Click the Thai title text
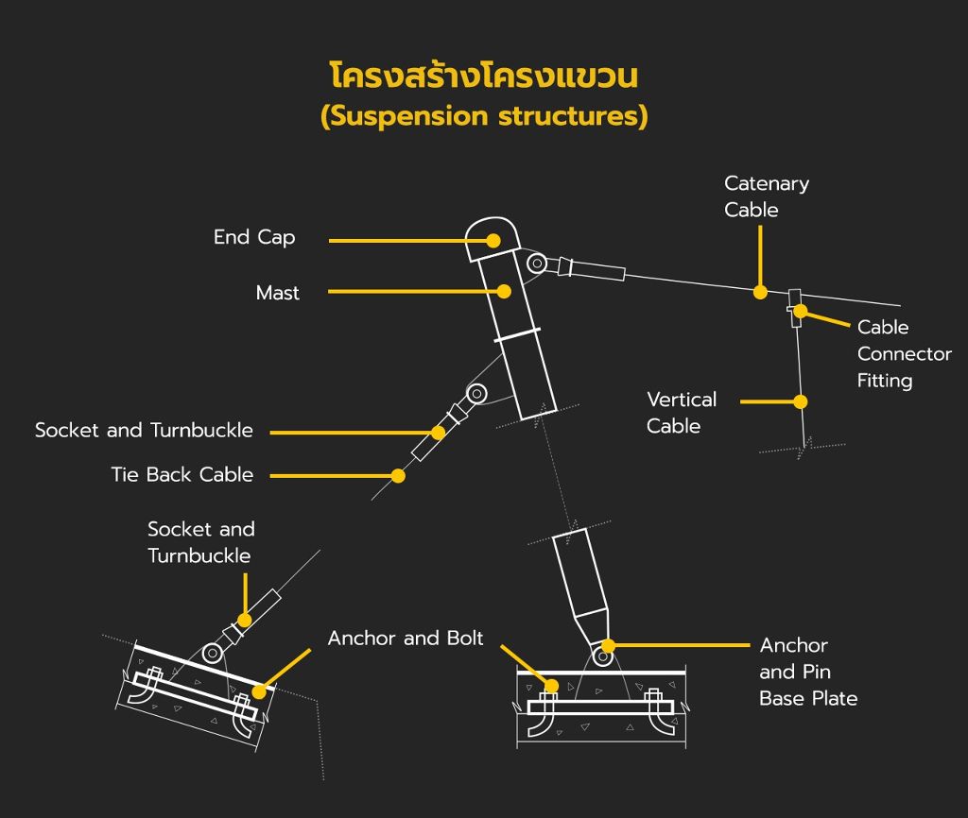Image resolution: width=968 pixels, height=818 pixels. [x=484, y=76]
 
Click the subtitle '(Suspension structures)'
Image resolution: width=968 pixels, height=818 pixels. [x=484, y=116]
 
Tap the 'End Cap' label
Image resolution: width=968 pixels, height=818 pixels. [x=254, y=237]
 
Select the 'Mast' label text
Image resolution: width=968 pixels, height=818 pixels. [x=278, y=293]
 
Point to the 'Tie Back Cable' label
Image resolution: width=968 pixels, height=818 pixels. [x=182, y=474]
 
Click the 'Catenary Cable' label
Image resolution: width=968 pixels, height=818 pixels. [x=766, y=196]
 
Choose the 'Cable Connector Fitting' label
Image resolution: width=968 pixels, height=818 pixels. [x=904, y=353]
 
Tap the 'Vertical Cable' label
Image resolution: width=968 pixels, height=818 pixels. [x=682, y=412]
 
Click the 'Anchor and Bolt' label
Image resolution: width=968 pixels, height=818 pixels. [x=406, y=638]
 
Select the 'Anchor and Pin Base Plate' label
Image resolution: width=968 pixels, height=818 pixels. [x=808, y=672]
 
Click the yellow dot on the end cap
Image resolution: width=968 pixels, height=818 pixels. [x=493, y=241]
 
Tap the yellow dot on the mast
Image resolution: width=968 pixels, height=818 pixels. [x=505, y=291]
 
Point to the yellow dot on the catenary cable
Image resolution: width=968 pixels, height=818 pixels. [x=761, y=292]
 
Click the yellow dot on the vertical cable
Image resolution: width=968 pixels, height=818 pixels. [x=801, y=401]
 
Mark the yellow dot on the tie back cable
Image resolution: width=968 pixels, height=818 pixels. [x=398, y=476]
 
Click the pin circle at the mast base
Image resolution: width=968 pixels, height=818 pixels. [x=602, y=657]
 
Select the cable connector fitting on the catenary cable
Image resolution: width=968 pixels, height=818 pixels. [x=794, y=308]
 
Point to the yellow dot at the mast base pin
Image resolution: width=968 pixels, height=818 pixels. [x=608, y=645]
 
